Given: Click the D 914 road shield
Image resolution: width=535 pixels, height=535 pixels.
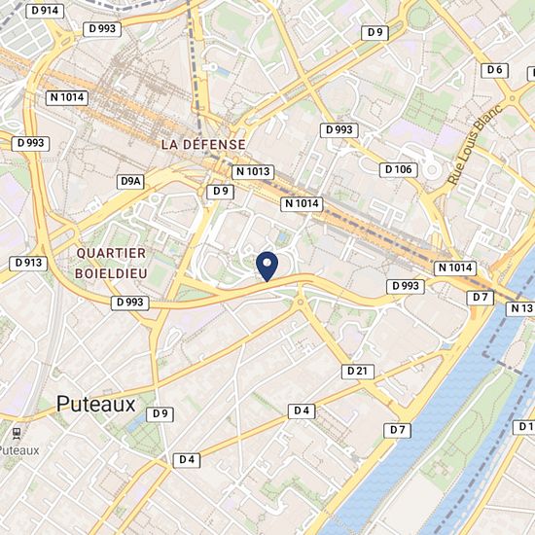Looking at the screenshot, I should point(44,9).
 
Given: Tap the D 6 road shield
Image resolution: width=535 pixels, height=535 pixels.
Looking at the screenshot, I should point(494,69).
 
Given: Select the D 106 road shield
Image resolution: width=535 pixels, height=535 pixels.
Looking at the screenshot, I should point(399,169).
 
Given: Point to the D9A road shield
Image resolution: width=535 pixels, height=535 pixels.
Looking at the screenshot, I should point(130,182).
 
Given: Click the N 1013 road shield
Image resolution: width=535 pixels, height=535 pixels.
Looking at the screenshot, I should point(253,171).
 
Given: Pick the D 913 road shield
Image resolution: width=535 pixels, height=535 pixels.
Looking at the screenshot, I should point(27,263).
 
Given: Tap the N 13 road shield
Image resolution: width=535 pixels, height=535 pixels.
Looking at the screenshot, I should point(521,308).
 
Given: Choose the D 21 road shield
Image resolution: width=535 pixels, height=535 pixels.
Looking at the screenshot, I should point(358,371).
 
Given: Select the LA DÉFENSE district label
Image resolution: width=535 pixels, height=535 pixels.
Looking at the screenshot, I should point(203,143).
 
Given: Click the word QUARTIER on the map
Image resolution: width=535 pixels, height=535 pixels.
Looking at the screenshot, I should point(111,253).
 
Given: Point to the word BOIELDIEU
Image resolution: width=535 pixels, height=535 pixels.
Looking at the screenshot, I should point(111,273).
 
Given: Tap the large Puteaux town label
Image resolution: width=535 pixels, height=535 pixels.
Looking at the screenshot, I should point(96,403).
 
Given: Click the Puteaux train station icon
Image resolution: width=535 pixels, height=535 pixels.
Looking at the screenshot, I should point(16,432).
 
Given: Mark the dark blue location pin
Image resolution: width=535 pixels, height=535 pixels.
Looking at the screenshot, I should point(267,265).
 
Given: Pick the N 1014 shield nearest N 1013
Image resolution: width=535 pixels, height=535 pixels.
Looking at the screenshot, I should point(302,203).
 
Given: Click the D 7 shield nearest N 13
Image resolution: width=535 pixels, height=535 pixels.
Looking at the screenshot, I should point(480,296).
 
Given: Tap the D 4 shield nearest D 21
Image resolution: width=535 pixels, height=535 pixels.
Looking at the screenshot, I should point(302,410).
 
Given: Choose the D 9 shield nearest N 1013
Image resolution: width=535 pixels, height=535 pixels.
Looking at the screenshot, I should point(221,191).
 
